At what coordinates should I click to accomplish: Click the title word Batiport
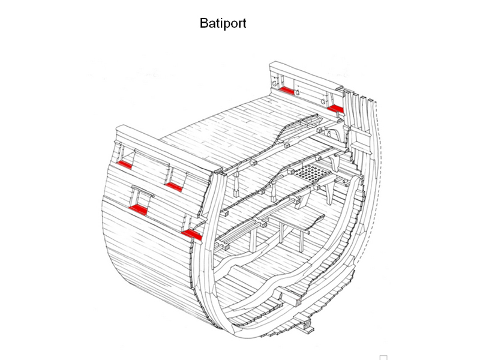(223, 24)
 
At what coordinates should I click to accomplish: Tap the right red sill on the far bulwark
(335, 108)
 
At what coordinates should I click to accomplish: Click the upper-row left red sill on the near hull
(125, 164)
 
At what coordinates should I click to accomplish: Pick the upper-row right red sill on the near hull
(174, 187)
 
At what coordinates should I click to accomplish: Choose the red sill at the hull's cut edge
(192, 233)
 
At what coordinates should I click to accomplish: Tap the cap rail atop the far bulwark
(306, 77)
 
